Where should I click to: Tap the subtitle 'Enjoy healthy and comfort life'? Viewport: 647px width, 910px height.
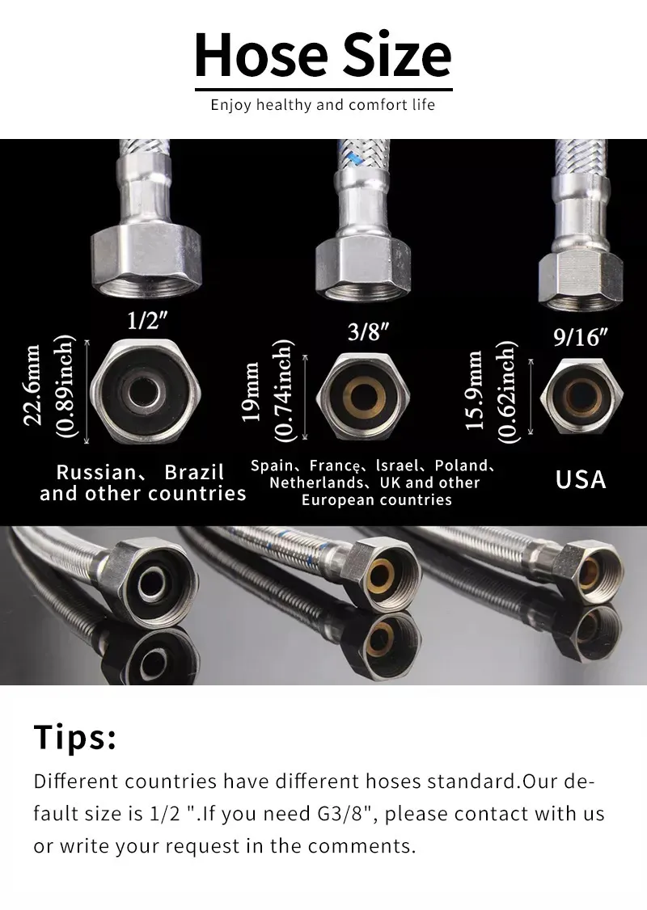323,105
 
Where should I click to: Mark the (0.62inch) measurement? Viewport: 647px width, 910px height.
507,392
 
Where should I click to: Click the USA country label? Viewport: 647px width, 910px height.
580,479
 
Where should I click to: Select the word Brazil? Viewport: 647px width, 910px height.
194,472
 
